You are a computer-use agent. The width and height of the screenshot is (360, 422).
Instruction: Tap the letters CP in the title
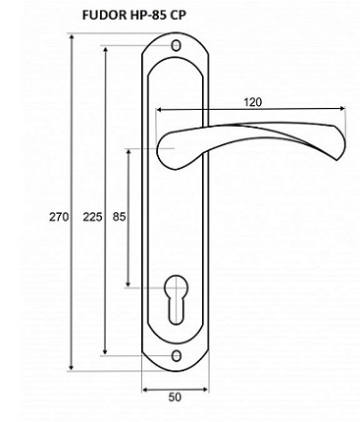pos(178,15)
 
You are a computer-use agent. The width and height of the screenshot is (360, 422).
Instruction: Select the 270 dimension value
pos(59,217)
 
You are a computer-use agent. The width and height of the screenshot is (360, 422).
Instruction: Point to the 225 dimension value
pos(92,217)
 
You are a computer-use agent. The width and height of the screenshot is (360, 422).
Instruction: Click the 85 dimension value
pos(119,217)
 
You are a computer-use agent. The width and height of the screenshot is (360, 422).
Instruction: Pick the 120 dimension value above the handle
pos(253,102)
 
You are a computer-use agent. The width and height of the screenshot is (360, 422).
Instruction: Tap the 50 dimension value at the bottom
pos(175,397)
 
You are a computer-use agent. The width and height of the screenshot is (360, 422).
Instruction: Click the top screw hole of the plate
pos(177,45)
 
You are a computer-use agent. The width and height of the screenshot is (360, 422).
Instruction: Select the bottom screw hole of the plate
pos(177,356)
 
